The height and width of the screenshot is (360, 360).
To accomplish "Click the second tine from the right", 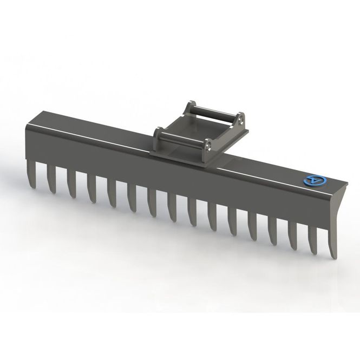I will pyautogui.click(x=312, y=239).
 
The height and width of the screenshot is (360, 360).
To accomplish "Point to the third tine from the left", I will pyautogui.click(x=71, y=182).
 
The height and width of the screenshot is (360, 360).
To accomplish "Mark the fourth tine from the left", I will pyautogui.click(x=91, y=187).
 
